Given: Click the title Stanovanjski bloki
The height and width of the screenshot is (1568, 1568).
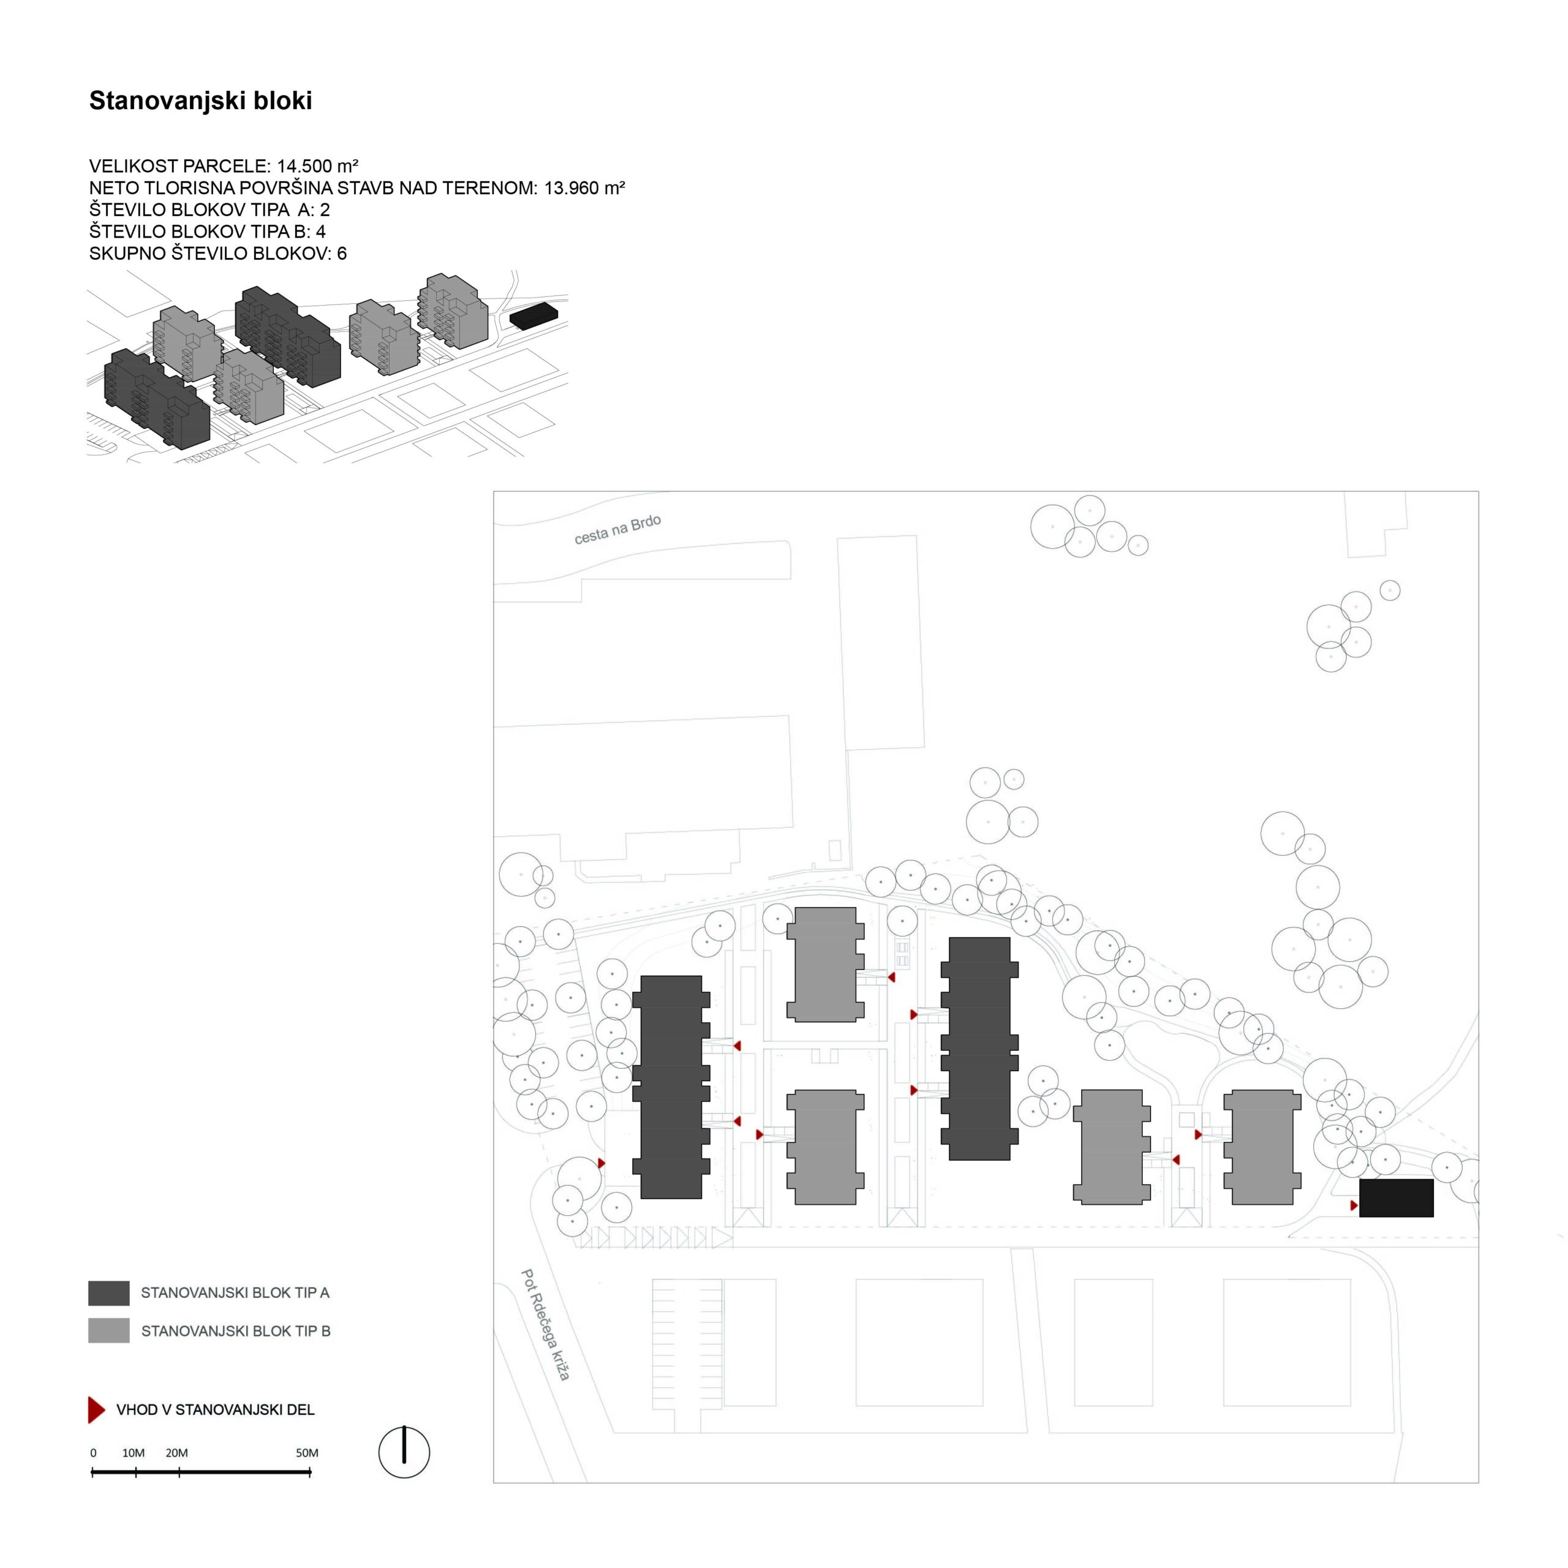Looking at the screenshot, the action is [x=200, y=100].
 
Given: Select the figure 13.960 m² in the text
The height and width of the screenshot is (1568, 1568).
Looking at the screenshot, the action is [x=584, y=187].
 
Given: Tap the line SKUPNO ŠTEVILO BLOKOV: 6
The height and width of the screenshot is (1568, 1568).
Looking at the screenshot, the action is [x=217, y=253].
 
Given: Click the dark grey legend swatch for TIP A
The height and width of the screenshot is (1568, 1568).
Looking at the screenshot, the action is [x=109, y=1293].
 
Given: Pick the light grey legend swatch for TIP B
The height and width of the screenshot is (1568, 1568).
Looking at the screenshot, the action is [x=109, y=1330].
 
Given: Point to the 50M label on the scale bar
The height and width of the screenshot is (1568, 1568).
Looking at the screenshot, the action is [x=307, y=1453].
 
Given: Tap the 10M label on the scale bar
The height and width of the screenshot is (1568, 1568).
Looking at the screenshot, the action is [x=133, y=1453].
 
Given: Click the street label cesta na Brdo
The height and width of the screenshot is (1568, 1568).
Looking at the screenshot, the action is [x=617, y=529].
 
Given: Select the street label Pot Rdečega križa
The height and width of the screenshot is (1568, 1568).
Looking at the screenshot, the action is [x=545, y=1324].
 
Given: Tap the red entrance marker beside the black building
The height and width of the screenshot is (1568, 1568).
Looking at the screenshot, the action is [x=1354, y=1206].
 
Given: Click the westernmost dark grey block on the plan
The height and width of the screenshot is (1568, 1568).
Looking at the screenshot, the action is [x=671, y=1087].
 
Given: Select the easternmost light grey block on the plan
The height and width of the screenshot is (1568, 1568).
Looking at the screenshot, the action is [x=1262, y=1147].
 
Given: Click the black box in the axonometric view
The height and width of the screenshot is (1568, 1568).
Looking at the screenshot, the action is [x=534, y=315].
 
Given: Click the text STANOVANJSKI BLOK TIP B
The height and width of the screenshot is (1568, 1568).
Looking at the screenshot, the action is [x=235, y=1331].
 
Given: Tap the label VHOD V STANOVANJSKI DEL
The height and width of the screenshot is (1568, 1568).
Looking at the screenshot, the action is [x=215, y=1410].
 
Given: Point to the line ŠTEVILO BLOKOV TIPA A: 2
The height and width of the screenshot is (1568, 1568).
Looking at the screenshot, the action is [x=209, y=209].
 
